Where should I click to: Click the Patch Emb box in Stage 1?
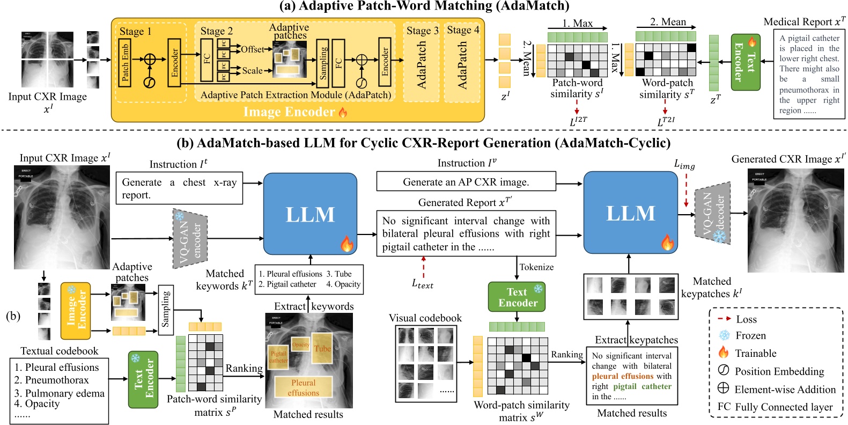tap(124, 63)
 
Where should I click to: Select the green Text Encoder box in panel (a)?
tap(745, 62)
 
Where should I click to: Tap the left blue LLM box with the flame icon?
tap(310, 214)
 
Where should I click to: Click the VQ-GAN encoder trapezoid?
tap(190, 239)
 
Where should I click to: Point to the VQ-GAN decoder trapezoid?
tap(713, 214)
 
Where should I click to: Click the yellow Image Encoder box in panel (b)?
tap(75, 311)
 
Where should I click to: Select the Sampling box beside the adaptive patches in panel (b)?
tap(166, 310)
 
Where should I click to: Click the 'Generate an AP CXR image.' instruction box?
tap(466, 181)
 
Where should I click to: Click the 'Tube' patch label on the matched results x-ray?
tap(322, 349)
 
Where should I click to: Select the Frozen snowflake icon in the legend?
tap(724, 335)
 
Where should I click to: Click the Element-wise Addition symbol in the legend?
tap(724, 389)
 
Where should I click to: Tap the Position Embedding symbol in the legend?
tap(724, 370)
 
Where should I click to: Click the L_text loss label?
tap(423, 284)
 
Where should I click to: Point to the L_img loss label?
tap(684, 165)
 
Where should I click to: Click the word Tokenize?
tap(536, 267)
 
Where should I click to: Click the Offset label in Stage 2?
tap(252, 49)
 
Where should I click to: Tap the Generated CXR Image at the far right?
tap(795, 220)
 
